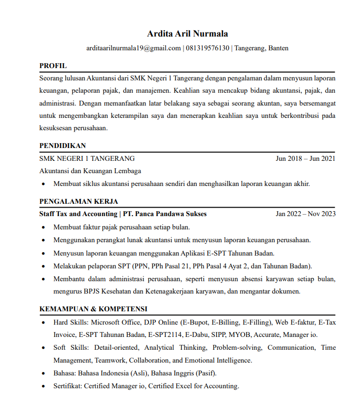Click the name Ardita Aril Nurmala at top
pyautogui.click(x=187, y=34)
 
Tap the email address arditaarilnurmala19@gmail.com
pyautogui.click(x=134, y=48)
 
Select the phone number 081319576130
pyautogui.click(x=208, y=48)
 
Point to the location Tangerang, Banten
pyautogui.click(x=261, y=48)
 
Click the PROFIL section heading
pyautogui.click(x=53, y=66)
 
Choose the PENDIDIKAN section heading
pyautogui.click(x=63, y=146)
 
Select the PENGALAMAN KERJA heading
pyautogui.click(x=78, y=201)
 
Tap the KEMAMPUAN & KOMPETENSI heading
pyautogui.click(x=93, y=309)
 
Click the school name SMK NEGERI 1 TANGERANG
pyautogui.click(x=87, y=158)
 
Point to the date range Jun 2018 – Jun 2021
pyautogui.click(x=306, y=158)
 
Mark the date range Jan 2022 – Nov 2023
pyautogui.click(x=306, y=214)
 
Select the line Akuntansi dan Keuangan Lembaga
pyautogui.click(x=90, y=171)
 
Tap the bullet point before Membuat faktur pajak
pyautogui.click(x=44, y=227)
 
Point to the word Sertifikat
pyautogui.click(x=67, y=386)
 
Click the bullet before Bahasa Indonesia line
pyautogui.click(x=44, y=373)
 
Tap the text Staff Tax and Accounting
pyautogui.click(x=78, y=214)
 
